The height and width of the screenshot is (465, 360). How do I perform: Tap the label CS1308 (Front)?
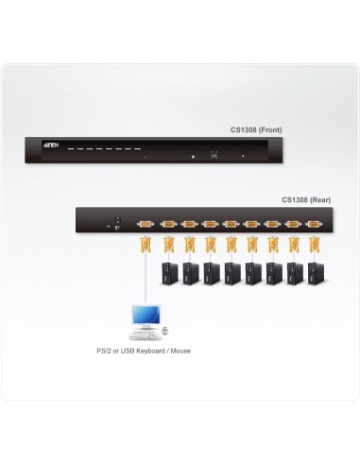pyautogui.click(x=255, y=129)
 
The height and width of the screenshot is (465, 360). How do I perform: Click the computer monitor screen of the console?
pyautogui.click(x=144, y=316)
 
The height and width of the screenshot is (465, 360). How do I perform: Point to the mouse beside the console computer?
pyautogui.click(x=164, y=331)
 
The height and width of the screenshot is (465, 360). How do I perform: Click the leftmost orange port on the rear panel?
pyautogui.click(x=145, y=224)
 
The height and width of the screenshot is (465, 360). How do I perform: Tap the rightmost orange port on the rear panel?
pyautogui.click(x=313, y=224)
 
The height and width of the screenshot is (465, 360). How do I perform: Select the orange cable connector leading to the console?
pyautogui.click(x=145, y=247)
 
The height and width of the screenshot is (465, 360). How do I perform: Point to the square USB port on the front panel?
pyautogui.click(x=214, y=155)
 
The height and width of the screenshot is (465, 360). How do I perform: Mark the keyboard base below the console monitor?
pyautogui.click(x=144, y=334)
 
